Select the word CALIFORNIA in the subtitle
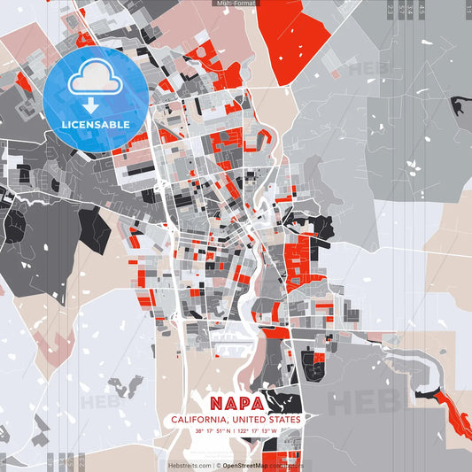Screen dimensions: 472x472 (x=199, y=420)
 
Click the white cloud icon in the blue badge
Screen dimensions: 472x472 (x=94, y=78)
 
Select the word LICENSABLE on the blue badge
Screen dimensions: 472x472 (x=96, y=124)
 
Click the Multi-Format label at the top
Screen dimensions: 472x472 (x=236, y=4)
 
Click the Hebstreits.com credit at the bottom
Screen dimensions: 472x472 (x=190, y=464)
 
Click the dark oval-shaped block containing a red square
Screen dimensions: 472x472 (x=312, y=361)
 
